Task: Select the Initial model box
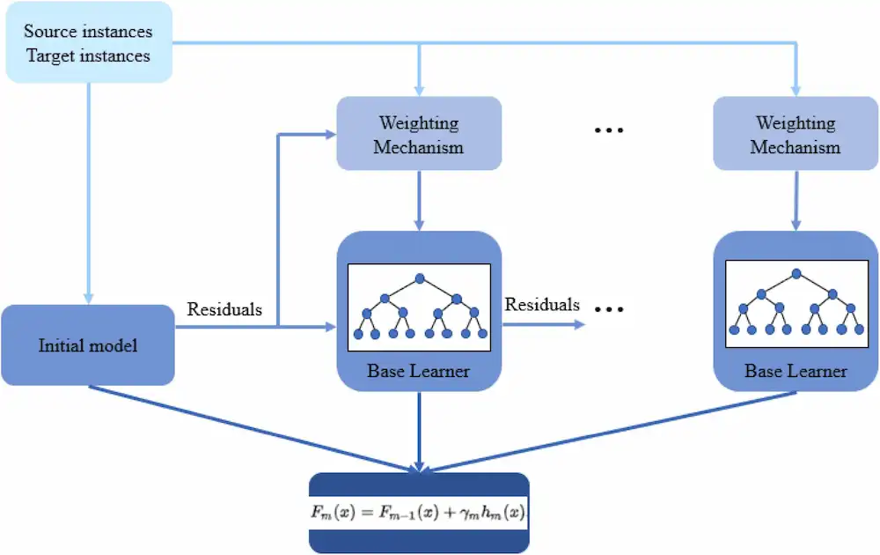[x=87, y=344]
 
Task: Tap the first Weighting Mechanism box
[x=419, y=134]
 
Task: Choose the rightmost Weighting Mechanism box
[x=796, y=134]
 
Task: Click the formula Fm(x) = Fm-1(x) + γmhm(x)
[x=418, y=513]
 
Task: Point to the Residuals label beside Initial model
[x=224, y=309]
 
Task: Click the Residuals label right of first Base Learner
[x=542, y=304]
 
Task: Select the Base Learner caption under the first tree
[x=418, y=371]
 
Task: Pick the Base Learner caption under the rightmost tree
[x=796, y=371]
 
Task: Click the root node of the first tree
[x=420, y=279]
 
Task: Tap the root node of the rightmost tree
[x=796, y=274]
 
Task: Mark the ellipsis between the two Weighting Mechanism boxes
[x=608, y=130]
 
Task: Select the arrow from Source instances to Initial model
[x=87, y=194]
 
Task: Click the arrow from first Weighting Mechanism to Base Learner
[x=419, y=200]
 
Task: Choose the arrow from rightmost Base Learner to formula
[x=607, y=432]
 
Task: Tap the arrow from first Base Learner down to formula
[x=419, y=432]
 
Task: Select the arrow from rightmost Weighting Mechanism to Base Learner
[x=796, y=200]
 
